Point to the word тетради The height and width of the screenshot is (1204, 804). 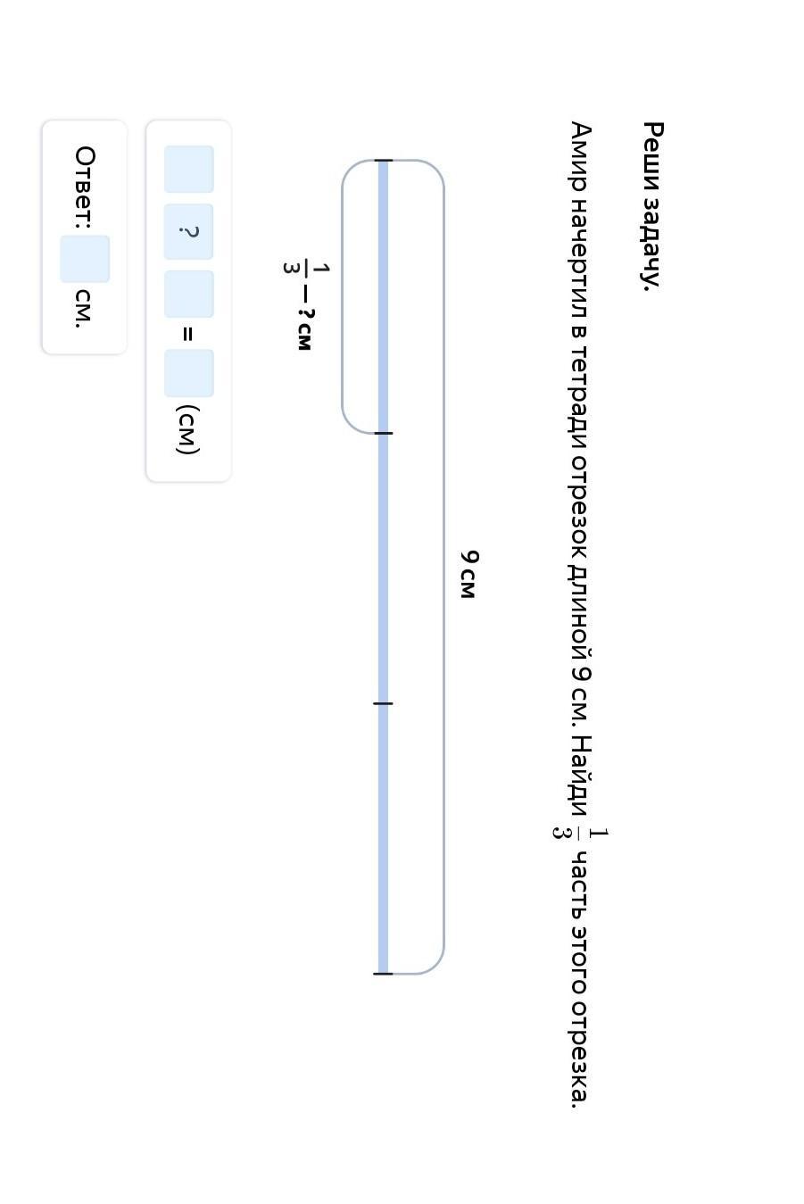579,396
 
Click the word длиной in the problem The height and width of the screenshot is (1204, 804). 580,614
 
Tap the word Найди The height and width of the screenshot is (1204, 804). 580,776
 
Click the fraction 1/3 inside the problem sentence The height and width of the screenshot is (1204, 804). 579,834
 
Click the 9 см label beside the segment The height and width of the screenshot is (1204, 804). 468,574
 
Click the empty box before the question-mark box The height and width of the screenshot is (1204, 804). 188,169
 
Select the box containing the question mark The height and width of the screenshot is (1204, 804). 188,232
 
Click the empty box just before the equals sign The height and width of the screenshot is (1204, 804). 188,294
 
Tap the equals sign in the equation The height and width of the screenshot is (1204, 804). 187,334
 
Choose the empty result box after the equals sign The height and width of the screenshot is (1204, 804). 188,373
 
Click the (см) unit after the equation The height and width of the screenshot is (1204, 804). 188,429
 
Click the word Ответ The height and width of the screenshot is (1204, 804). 85,187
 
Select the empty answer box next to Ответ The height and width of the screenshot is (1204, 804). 85,259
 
